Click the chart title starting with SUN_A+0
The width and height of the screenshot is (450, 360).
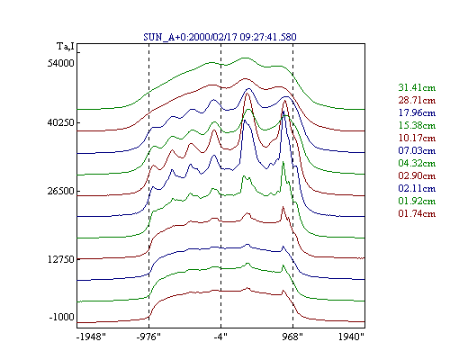coord(220,37)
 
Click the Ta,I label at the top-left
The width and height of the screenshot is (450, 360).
coord(66,46)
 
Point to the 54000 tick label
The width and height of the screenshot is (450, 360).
coord(60,63)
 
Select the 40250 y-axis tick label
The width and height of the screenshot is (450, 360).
coord(60,122)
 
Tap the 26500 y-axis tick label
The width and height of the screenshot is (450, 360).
coord(60,191)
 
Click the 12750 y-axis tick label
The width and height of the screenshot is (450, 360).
coord(61,259)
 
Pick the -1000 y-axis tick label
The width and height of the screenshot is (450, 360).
coord(61,317)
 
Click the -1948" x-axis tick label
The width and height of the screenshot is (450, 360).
coord(91,337)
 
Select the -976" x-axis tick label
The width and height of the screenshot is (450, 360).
coord(148,337)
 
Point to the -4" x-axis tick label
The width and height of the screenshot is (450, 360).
coord(220,337)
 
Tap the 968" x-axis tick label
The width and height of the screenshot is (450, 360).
coord(292,337)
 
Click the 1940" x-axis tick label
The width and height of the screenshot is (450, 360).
coord(351,337)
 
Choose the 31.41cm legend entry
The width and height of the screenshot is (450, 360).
coord(417,87)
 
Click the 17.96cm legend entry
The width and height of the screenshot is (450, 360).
coord(417,112)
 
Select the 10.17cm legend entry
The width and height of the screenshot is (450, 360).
coord(417,138)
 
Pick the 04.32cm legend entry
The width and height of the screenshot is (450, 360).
coord(417,163)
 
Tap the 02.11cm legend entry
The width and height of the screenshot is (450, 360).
coord(417,188)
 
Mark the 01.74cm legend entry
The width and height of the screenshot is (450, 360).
coord(417,213)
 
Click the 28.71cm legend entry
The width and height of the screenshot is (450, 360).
coord(417,100)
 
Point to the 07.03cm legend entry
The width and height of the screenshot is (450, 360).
coord(417,150)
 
